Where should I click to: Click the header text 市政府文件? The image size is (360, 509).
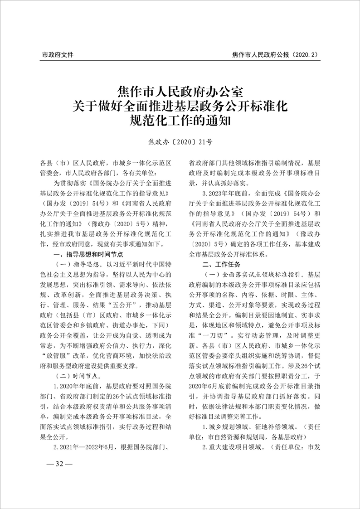pos(58,55)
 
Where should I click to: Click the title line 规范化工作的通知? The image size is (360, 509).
pos(180,121)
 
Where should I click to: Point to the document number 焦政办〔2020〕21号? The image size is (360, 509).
pos(180,142)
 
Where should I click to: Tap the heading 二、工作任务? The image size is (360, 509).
pos(222,264)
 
